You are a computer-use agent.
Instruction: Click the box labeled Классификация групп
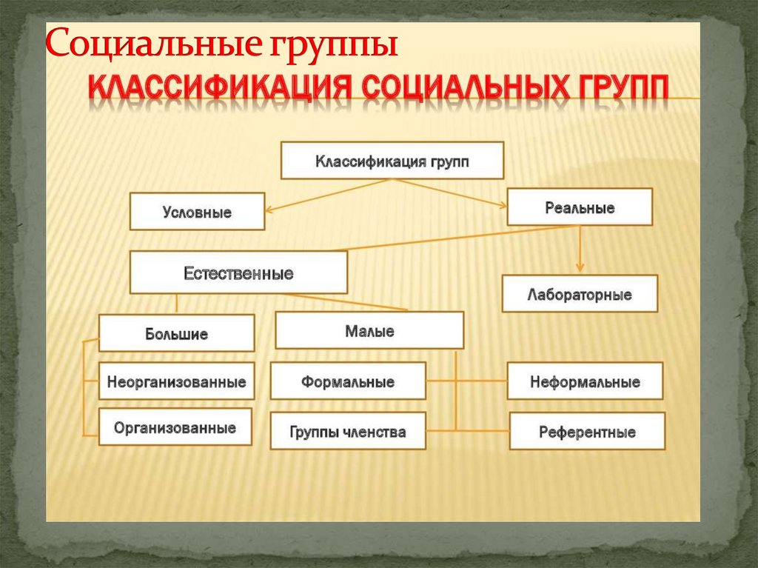click(392, 161)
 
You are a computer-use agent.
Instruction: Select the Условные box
click(197, 212)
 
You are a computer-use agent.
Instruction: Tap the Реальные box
click(580, 207)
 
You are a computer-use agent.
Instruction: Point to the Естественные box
click(238, 273)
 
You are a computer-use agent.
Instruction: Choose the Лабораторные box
click(580, 294)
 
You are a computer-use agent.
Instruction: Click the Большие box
click(176, 333)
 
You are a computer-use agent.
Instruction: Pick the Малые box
click(369, 330)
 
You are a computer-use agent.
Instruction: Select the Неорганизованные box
click(176, 383)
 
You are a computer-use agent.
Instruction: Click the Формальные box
click(348, 381)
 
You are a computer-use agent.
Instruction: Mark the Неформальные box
click(585, 381)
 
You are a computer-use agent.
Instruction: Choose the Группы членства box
click(348, 432)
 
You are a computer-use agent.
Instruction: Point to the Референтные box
click(587, 432)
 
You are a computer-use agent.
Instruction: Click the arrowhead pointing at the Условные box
click(270, 210)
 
